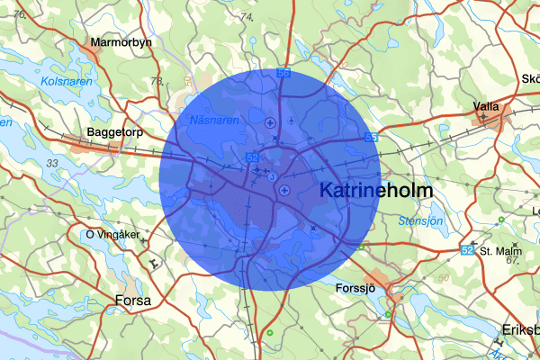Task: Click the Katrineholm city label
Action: coord(376,192)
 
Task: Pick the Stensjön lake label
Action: coord(420,220)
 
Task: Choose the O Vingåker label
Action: coord(112,235)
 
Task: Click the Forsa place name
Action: coord(133,300)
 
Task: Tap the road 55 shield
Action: coord(371,138)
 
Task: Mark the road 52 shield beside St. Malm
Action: coord(467,249)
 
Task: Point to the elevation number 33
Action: coord(52,163)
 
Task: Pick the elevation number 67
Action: coord(514,260)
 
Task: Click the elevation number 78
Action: coord(157,82)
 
